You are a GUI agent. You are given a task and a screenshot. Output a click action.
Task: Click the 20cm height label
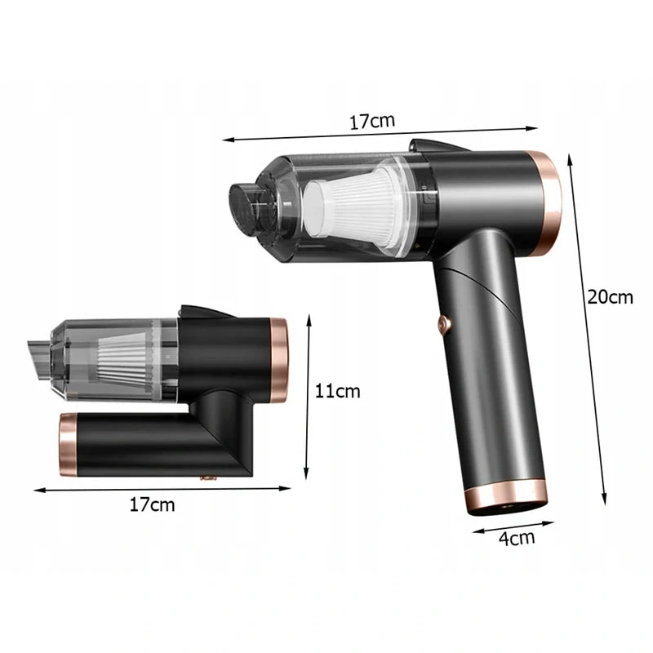click(x=610, y=297)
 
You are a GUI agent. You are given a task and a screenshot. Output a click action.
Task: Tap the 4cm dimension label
click(x=517, y=538)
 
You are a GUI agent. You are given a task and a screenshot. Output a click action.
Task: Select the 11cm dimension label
click(x=337, y=392)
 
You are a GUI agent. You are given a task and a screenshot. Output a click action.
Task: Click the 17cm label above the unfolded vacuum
click(x=372, y=121)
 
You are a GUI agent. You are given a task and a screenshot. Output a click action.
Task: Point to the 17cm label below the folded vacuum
click(x=152, y=504)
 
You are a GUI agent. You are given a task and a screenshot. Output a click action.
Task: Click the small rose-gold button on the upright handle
click(x=444, y=324)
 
